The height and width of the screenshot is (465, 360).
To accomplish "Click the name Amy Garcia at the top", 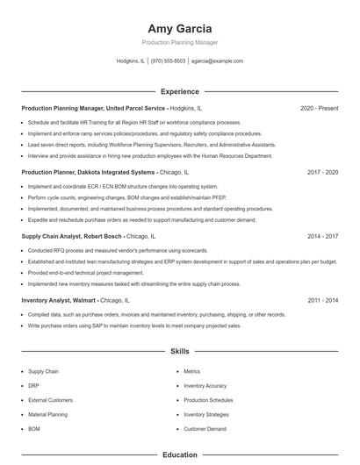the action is [x=180, y=28].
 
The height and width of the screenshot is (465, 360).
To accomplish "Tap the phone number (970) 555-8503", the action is [x=168, y=61].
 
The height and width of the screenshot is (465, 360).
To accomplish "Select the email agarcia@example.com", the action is [x=217, y=61].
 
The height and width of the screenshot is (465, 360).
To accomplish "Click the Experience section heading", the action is [x=180, y=91].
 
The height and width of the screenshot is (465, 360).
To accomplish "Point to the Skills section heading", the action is [x=180, y=351].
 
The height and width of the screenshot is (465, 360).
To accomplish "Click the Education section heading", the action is [x=180, y=455].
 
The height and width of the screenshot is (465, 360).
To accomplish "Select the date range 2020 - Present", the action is [x=319, y=108].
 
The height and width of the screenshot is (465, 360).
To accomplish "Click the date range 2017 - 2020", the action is [x=322, y=173].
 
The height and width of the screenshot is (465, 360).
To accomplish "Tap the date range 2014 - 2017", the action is [x=322, y=237].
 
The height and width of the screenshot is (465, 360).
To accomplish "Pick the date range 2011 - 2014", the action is [x=322, y=300].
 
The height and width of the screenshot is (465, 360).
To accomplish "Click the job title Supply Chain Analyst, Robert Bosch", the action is [x=72, y=237].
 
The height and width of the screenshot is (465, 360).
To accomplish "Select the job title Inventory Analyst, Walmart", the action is [x=60, y=300].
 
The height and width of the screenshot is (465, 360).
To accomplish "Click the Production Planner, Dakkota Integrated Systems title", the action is [x=88, y=173].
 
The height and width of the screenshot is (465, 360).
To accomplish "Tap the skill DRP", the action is [x=34, y=386].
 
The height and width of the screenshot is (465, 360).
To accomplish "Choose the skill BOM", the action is [x=34, y=429].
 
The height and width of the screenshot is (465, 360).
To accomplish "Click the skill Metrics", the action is [x=192, y=372].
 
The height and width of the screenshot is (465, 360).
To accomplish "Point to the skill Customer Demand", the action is [x=205, y=429].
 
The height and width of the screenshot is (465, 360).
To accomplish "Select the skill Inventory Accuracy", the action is [x=205, y=386].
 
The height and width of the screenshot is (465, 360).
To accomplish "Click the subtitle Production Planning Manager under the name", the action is [x=180, y=42].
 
